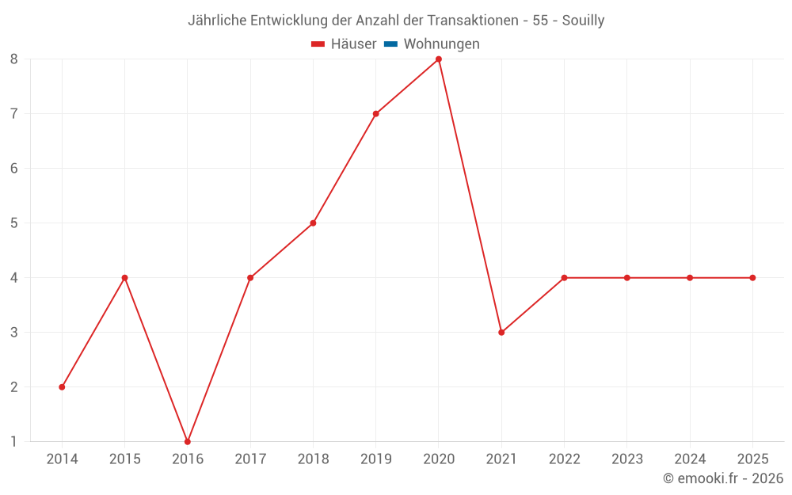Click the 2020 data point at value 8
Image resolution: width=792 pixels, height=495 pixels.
[x=439, y=59]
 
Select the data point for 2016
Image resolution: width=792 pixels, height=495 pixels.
[x=188, y=441]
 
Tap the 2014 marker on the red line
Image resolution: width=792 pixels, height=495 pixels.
[x=62, y=386]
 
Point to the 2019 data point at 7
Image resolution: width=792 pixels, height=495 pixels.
[x=375, y=114]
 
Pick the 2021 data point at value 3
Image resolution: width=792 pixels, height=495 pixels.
[x=501, y=332]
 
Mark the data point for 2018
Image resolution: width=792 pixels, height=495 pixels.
[x=313, y=223]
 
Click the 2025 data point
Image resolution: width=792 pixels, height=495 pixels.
[x=752, y=277]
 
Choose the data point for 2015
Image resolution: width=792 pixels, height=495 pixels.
[x=124, y=277]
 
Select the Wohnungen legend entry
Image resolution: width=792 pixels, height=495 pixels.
[x=441, y=44]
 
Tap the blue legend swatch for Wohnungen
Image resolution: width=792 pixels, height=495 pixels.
[x=390, y=44]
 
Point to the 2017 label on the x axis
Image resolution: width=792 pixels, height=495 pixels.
[x=250, y=459]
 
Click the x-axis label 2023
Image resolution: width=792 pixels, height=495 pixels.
[x=626, y=459]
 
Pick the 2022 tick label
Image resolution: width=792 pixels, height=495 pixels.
[x=564, y=459]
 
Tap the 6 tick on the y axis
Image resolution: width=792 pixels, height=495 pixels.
[x=13, y=169]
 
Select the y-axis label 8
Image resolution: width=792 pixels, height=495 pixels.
[x=13, y=59]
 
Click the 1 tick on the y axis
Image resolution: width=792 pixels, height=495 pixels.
[x=13, y=441]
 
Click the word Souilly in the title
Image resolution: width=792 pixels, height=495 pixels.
[x=583, y=21]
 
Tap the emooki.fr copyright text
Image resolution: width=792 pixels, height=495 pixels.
[x=723, y=478]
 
